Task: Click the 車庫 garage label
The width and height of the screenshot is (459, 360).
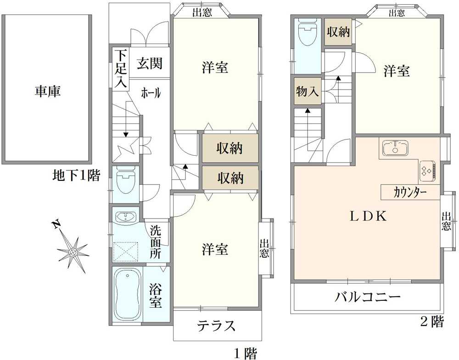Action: click(47, 91)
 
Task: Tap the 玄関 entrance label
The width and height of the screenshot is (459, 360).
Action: click(150, 63)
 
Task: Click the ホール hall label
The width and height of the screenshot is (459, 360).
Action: click(151, 93)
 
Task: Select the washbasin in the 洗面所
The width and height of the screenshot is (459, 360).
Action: click(126, 217)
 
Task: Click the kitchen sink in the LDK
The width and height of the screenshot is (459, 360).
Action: click(395, 147)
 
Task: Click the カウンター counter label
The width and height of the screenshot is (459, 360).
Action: click(409, 193)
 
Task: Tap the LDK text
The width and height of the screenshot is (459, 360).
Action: click(369, 216)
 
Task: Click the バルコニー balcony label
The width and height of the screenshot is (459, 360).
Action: click(367, 297)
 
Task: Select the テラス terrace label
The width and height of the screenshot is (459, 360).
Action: click(216, 325)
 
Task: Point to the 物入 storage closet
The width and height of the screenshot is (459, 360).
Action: click(307, 91)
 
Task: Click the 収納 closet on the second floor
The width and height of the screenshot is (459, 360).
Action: click(338, 32)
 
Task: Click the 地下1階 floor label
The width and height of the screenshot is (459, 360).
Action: click(76, 175)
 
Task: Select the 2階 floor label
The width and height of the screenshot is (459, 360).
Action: click(432, 322)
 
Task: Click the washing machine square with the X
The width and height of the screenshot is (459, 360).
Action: click(126, 251)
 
